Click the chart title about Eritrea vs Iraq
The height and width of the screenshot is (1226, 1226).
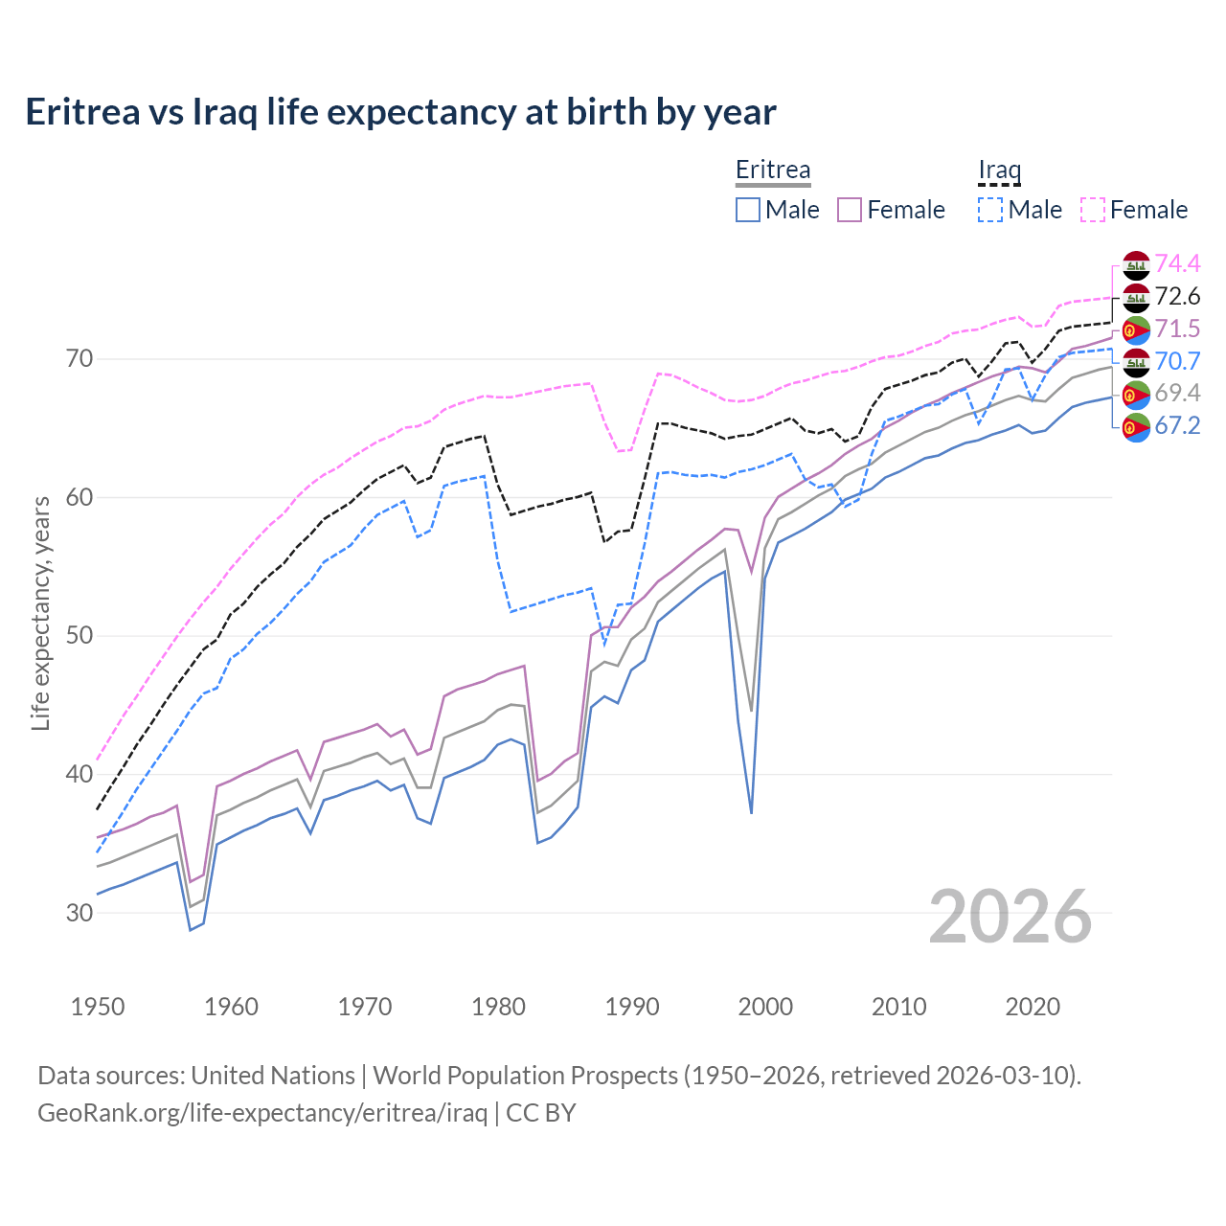pyautogui.click(x=400, y=112)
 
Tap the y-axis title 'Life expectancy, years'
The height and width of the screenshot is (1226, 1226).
pyautogui.click(x=40, y=613)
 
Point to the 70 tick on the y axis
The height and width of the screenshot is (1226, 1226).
pyautogui.click(x=79, y=359)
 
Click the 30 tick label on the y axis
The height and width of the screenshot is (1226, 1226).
pyautogui.click(x=79, y=913)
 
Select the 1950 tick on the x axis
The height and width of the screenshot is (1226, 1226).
pyautogui.click(x=98, y=1007)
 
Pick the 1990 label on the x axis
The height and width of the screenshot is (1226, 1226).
pyautogui.click(x=632, y=1007)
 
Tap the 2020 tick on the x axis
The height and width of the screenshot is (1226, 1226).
pyautogui.click(x=1033, y=1007)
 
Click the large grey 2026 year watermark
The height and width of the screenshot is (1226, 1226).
pyautogui.click(x=1010, y=917)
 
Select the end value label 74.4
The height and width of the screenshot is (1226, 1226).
pyautogui.click(x=1177, y=263)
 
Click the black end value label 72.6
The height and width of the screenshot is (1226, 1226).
pyautogui.click(x=1177, y=296)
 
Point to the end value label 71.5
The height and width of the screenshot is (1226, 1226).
pyautogui.click(x=1177, y=329)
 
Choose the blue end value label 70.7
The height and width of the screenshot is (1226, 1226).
pyautogui.click(x=1177, y=361)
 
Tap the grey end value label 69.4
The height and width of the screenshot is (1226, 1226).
pyautogui.click(x=1177, y=393)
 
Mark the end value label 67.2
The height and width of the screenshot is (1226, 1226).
pyautogui.click(x=1177, y=425)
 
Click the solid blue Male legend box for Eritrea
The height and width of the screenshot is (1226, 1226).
pyautogui.click(x=748, y=210)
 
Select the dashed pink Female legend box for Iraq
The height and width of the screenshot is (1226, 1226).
pyautogui.click(x=1093, y=210)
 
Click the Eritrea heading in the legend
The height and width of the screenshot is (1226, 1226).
pyautogui.click(x=773, y=170)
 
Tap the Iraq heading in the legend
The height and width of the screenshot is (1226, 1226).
pyautogui.click(x=999, y=170)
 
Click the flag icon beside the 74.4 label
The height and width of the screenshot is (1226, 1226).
pyautogui.click(x=1136, y=265)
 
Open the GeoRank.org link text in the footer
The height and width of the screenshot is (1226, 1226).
pyautogui.click(x=262, y=1113)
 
